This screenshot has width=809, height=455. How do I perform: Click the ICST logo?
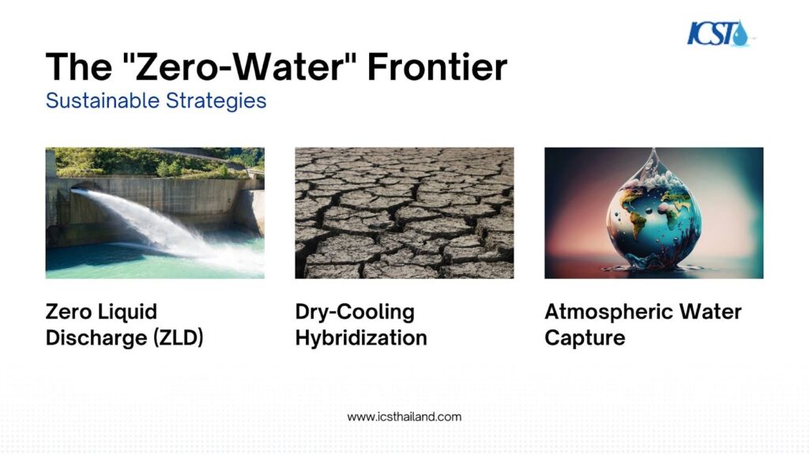[x=719, y=33]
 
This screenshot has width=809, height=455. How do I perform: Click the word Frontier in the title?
[x=437, y=67]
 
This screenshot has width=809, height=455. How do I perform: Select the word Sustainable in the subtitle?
[x=103, y=100]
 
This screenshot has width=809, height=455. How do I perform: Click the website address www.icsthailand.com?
[x=404, y=417]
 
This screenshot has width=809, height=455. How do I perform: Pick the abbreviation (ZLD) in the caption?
[x=179, y=338]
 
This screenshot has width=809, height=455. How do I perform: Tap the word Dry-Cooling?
[x=355, y=312]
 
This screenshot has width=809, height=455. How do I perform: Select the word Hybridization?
[x=361, y=338]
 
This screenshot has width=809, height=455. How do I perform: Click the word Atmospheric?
[x=609, y=312]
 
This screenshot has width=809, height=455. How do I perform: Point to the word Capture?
[x=585, y=338]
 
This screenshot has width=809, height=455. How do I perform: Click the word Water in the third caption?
[x=710, y=311]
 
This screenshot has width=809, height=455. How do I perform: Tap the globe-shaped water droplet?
[x=653, y=212]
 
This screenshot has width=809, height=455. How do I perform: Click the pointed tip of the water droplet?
[x=653, y=149]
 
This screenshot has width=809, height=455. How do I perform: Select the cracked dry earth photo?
[x=404, y=213]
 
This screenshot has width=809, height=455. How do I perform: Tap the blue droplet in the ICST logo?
[x=741, y=34]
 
